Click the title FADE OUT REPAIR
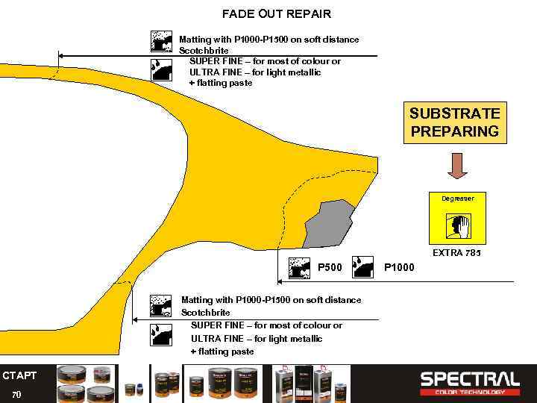point(277,13)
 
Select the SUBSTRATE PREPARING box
point(454,122)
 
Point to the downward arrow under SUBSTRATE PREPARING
point(457,165)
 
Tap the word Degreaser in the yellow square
point(456,199)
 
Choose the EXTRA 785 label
point(456,253)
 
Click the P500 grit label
point(330,267)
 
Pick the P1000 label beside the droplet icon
point(399,267)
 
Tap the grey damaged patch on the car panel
point(327,223)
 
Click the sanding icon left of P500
point(300,267)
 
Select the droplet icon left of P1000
point(363,267)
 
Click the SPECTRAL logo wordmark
point(470,378)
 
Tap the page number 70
point(16,394)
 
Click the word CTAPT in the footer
point(19,375)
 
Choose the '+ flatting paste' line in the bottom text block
point(222,352)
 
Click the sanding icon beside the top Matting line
point(161,41)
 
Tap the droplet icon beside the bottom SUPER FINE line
point(161,334)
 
